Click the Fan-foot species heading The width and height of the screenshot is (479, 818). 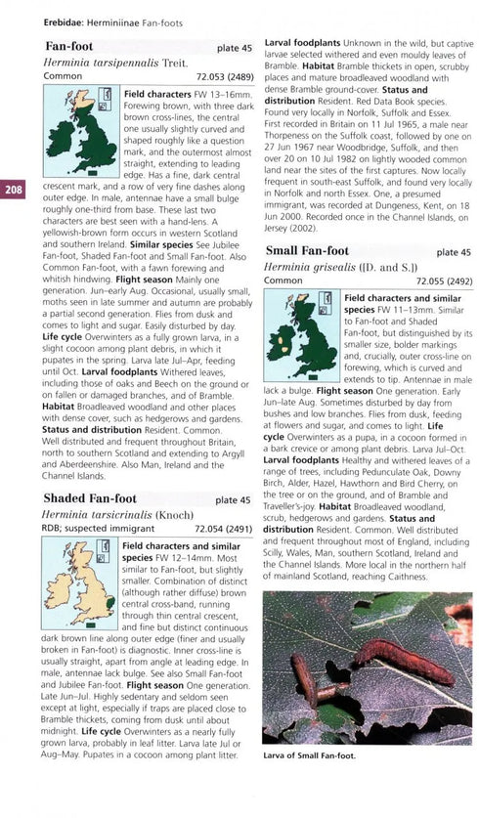[x=69, y=46]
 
